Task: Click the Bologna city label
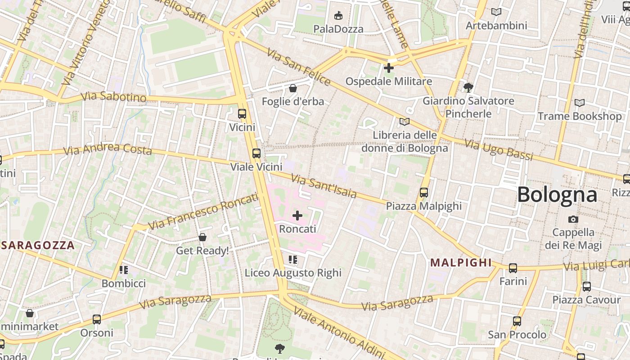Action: [557, 195]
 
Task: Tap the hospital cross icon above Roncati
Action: [297, 216]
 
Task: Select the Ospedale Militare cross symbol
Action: [389, 68]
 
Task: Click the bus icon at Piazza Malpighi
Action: [424, 193]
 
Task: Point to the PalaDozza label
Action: [338, 29]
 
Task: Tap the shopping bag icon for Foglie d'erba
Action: [293, 88]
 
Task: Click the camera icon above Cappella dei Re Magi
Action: [573, 219]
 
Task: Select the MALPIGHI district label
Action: [461, 263]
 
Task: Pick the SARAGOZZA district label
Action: [38, 245]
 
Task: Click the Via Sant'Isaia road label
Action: [324, 186]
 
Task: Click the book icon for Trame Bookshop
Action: [580, 103]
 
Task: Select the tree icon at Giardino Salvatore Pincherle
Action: [468, 87]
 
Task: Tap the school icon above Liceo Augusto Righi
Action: [293, 260]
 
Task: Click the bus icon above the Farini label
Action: [513, 268]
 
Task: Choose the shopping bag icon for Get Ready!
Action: [202, 237]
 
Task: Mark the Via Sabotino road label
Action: [114, 97]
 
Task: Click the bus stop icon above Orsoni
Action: [97, 319]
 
